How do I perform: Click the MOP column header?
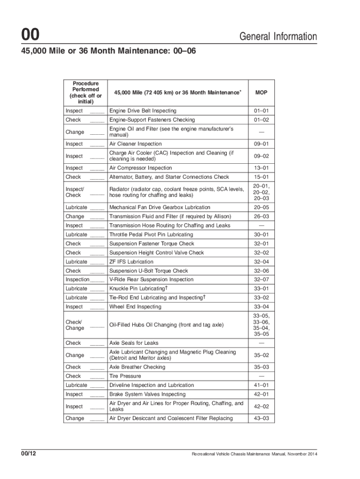[261, 93]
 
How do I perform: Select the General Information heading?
[278, 36]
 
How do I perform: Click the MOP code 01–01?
[261, 111]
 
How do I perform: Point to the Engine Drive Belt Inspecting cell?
[143, 111]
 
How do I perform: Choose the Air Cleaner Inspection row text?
[135, 144]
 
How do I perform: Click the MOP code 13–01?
[261, 168]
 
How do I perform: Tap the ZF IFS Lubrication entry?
[131, 262]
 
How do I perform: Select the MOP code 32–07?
[261, 280]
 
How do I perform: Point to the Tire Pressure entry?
[125, 376]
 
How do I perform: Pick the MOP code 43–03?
[261, 418]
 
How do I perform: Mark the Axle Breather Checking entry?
[137, 367]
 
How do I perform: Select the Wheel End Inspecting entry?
[135, 307]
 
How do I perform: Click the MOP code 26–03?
[261, 217]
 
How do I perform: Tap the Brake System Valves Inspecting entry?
[147, 394]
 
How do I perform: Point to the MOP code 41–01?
[261, 385]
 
